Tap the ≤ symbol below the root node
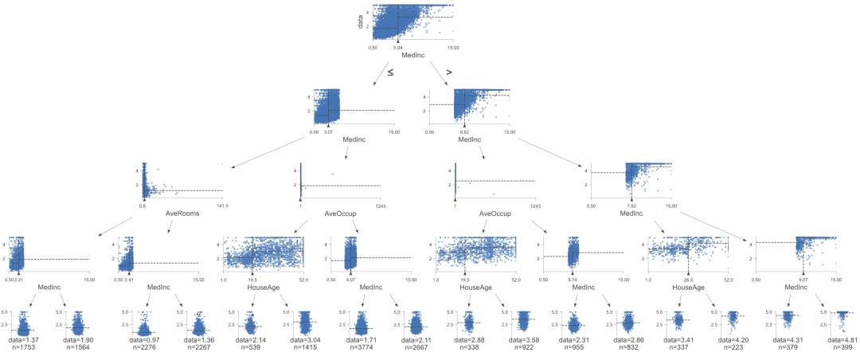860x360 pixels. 390,72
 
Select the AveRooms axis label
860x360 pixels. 181,213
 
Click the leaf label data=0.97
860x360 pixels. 143,340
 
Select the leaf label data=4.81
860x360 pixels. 835,340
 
